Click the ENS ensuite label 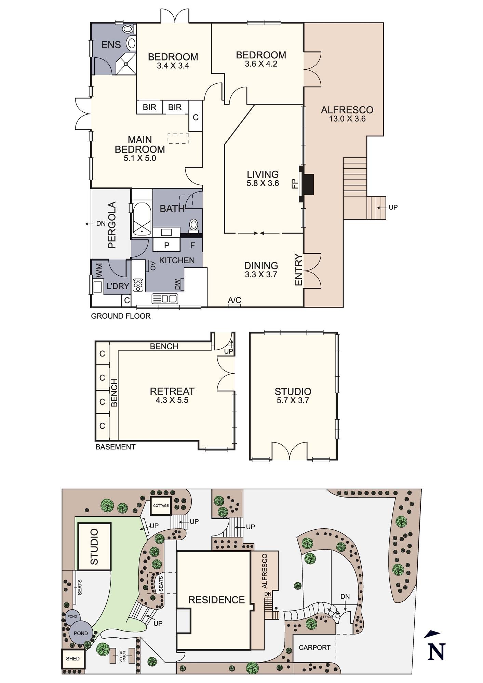coord(111,45)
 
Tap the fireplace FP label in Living coord(295,184)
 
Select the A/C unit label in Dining coord(234,300)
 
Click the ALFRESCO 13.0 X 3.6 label coord(347,114)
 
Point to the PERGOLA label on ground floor coord(112,225)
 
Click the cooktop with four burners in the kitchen coord(138,285)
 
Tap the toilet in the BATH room coord(194,225)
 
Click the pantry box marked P coord(167,245)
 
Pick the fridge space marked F coord(192,245)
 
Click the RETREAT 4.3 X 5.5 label coord(172,395)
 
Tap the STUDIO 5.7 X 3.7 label coord(293,395)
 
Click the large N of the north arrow coord(437,652)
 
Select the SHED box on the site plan coord(73,659)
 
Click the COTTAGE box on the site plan coord(161,506)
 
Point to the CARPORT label coord(314,647)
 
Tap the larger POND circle coord(81,633)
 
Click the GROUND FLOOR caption coord(121,316)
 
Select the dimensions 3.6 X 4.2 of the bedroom coord(261,64)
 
